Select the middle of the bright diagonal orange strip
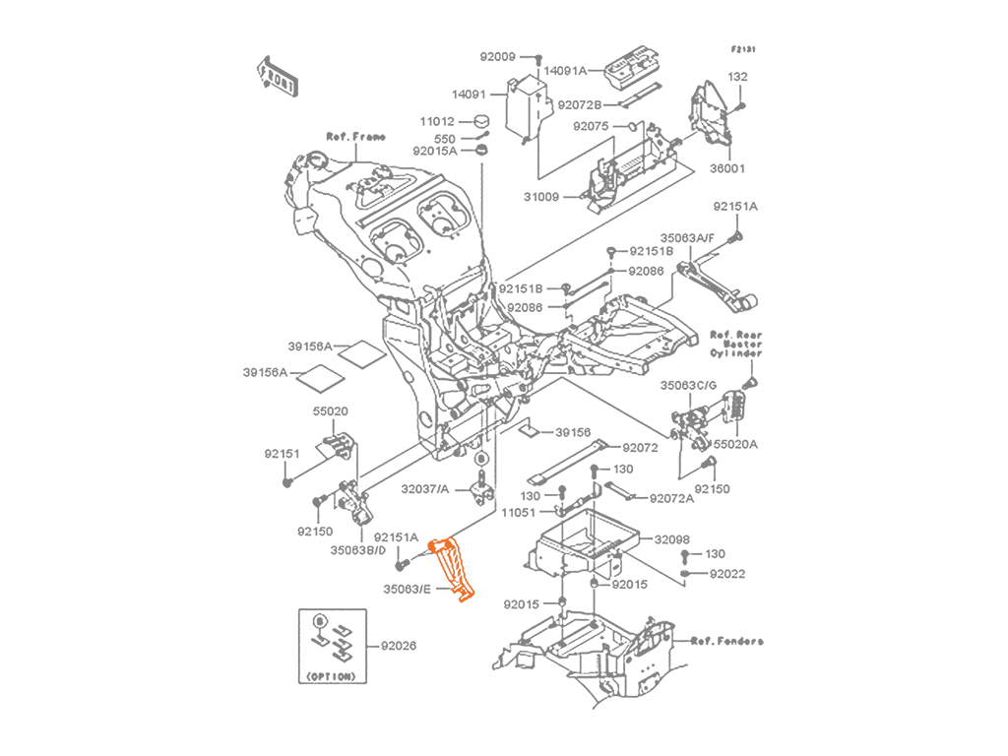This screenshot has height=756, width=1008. tap(450, 569)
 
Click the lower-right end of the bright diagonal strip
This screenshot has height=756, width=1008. tap(468, 595)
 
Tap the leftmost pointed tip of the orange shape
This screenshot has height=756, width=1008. tap(422, 544)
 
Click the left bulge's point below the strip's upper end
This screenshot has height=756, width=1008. tap(431, 568)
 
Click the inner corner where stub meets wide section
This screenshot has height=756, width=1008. tap(449, 540)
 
